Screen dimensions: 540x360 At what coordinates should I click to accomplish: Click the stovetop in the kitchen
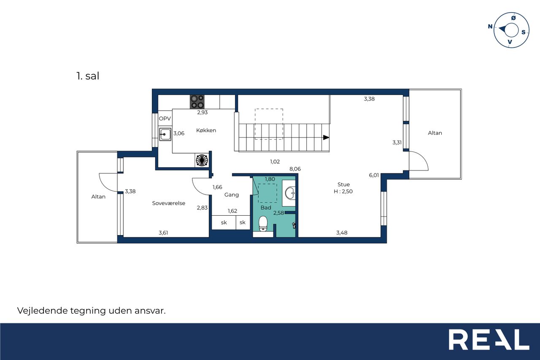coord(197,102)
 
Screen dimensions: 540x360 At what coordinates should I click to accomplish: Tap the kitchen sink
coord(165,134)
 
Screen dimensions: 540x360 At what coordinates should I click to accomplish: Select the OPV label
coord(165,119)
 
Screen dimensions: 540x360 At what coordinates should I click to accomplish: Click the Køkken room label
coord(206,130)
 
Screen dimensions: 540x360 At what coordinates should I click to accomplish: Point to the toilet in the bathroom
coord(263,224)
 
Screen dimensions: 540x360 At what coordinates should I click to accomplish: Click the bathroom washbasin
coord(290,193)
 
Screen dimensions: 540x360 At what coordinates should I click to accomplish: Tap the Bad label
coord(266,208)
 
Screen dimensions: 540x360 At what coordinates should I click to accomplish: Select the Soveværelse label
coord(169,203)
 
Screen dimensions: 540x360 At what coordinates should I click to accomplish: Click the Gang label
coord(232,195)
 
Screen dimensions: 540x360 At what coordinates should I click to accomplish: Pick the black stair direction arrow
coord(326,138)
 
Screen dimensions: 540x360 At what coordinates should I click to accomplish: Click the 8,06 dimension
coord(295,169)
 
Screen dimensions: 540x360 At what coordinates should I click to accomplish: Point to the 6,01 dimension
coord(374,175)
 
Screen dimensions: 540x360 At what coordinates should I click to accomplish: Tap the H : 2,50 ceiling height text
coord(343,192)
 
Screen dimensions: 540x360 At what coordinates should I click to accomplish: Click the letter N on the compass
coord(490,26)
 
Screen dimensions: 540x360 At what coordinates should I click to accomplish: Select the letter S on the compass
coord(524,32)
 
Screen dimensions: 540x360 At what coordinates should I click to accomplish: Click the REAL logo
coord(489,339)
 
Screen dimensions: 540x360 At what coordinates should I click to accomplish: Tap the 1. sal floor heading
coord(88,76)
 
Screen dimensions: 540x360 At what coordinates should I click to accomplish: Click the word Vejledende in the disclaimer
coord(43,311)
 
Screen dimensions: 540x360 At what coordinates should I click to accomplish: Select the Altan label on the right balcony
coord(435,133)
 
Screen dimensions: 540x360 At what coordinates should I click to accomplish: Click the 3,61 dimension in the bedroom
coord(163,233)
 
